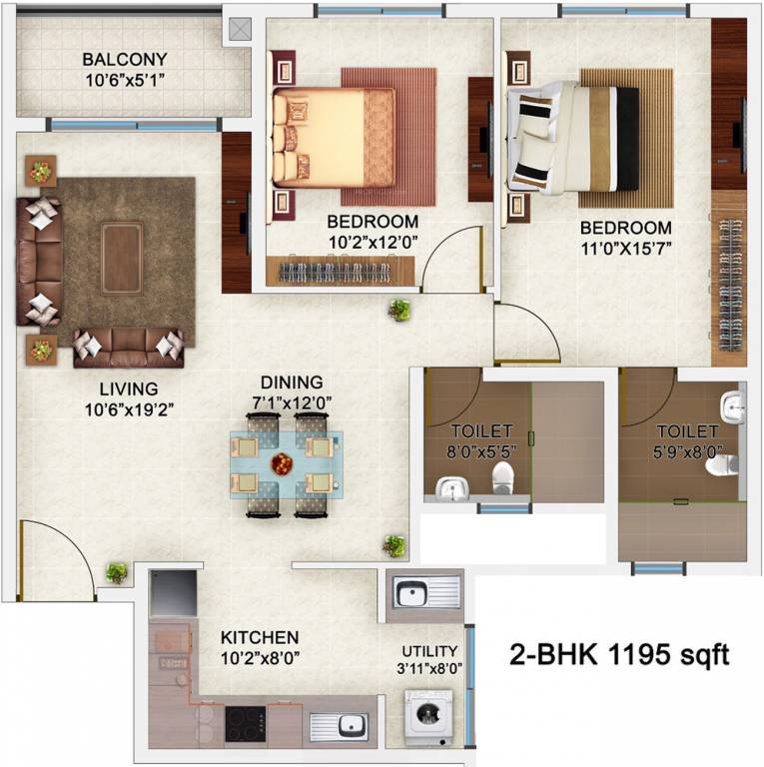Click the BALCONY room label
pos(125,59)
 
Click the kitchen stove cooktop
pos(245,724)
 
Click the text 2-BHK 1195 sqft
pos(619,655)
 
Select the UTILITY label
pos(429,650)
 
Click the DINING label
pos(292,383)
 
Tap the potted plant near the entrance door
pos(117,573)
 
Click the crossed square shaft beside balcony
pos(241,29)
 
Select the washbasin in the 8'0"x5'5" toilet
pos(451,488)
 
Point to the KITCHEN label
pos(260,637)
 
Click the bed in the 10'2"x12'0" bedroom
pos(335,137)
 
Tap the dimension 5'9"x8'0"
pos(687,450)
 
